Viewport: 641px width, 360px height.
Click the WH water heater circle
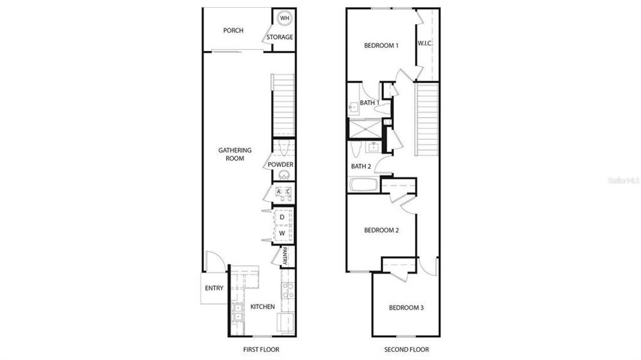click(x=285, y=18)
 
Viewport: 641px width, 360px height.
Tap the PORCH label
click(x=233, y=31)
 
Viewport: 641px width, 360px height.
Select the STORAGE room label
click(x=280, y=37)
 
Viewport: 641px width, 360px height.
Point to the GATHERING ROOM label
click(x=235, y=154)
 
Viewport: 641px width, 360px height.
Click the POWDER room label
click(x=281, y=165)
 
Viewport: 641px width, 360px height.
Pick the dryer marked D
click(x=282, y=217)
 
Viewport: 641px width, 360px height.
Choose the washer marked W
click(x=282, y=232)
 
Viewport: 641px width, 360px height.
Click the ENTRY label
click(x=214, y=289)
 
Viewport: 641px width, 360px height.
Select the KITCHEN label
click(x=263, y=307)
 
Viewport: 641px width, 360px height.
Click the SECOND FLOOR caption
click(x=407, y=350)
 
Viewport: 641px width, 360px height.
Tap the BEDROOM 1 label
click(x=381, y=46)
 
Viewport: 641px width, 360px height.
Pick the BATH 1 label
click(x=369, y=103)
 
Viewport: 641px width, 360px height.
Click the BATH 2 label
click(x=362, y=166)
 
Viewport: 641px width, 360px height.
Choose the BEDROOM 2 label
click(x=381, y=230)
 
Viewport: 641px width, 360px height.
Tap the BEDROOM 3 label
click(x=407, y=308)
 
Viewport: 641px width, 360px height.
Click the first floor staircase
click(x=284, y=105)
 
